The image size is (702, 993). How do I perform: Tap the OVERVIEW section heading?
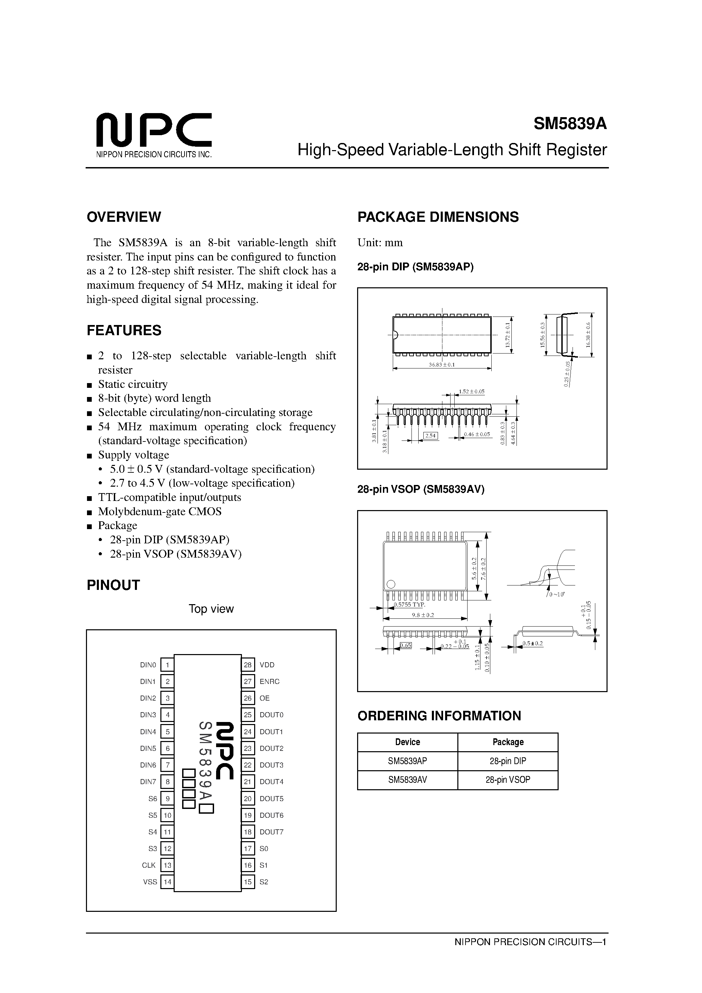pyautogui.click(x=124, y=217)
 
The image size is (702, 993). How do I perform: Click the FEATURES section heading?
pyautogui.click(x=124, y=330)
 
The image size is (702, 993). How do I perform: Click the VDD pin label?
pyautogui.click(x=267, y=665)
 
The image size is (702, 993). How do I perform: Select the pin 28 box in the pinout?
pyautogui.click(x=248, y=665)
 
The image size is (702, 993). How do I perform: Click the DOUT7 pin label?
pyautogui.click(x=271, y=832)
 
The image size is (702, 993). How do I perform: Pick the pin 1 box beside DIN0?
pyautogui.click(x=167, y=665)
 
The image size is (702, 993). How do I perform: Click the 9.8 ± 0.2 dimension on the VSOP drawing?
pyautogui.click(x=422, y=615)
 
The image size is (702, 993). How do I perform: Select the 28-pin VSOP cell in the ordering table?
pyautogui.click(x=508, y=780)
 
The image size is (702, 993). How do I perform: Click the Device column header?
pyautogui.click(x=407, y=742)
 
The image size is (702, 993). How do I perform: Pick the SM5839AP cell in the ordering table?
pyautogui.click(x=407, y=761)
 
